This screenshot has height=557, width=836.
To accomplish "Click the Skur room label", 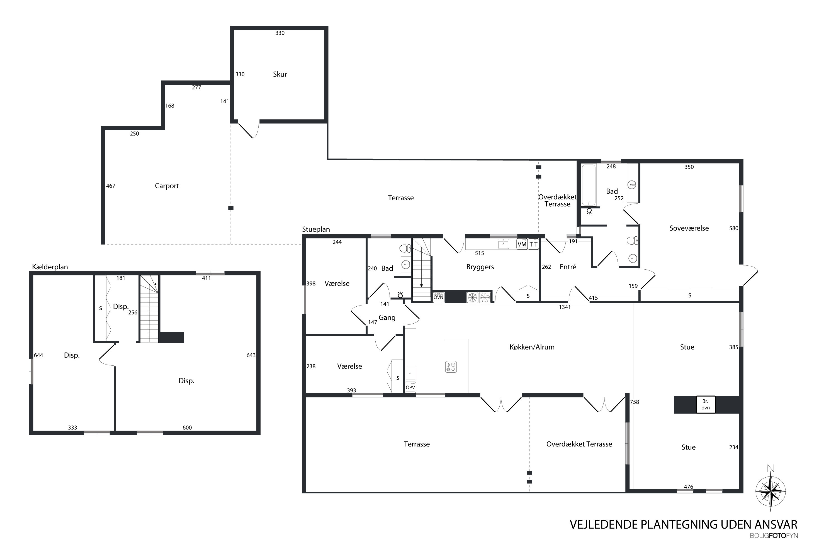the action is click(280, 74).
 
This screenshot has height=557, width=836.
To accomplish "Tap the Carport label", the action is click(167, 186).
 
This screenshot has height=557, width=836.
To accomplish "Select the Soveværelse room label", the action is click(689, 228).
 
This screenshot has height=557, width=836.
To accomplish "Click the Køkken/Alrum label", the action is click(532, 347).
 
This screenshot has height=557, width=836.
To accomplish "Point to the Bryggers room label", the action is click(480, 267).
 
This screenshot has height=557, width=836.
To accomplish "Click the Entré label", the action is click(568, 267).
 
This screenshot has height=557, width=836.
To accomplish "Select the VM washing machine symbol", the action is click(522, 244).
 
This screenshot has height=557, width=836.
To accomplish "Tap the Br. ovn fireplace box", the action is click(705, 405).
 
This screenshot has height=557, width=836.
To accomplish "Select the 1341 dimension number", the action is click(565, 307).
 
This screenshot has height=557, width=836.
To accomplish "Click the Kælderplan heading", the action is click(50, 267).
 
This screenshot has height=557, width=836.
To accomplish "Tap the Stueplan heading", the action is click(316, 229).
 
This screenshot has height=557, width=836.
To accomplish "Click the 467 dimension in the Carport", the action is click(111, 186).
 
